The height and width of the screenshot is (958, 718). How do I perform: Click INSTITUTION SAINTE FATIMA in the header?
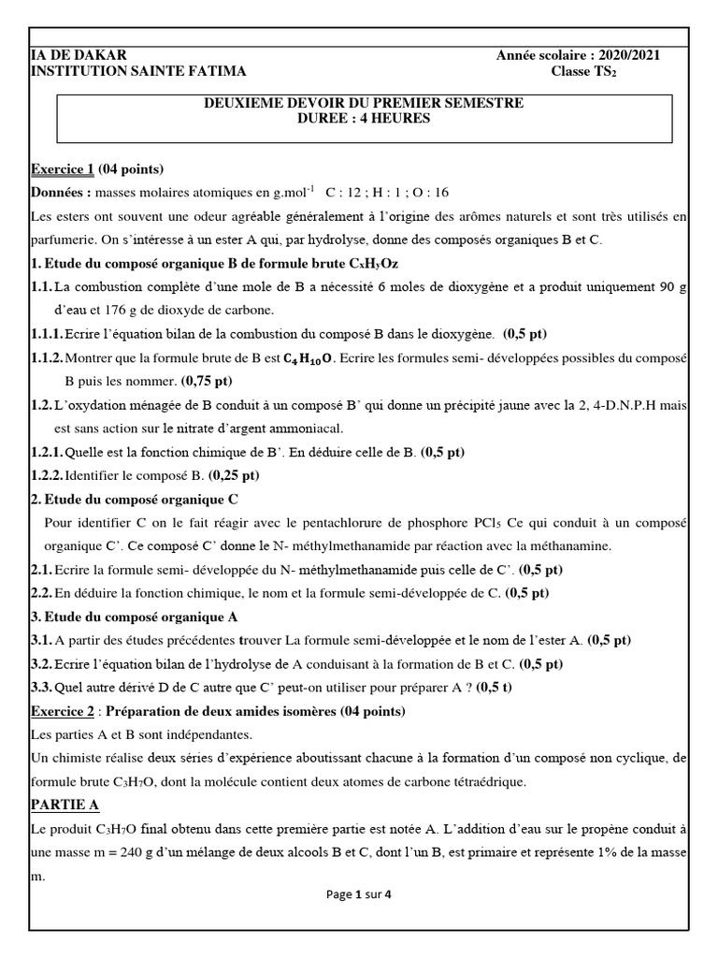(138, 71)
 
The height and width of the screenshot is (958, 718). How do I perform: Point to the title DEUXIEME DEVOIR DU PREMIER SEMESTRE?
(364, 103)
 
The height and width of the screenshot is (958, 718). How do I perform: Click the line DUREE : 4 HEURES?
(364, 119)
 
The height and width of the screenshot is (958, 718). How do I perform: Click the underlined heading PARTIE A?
(65, 805)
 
